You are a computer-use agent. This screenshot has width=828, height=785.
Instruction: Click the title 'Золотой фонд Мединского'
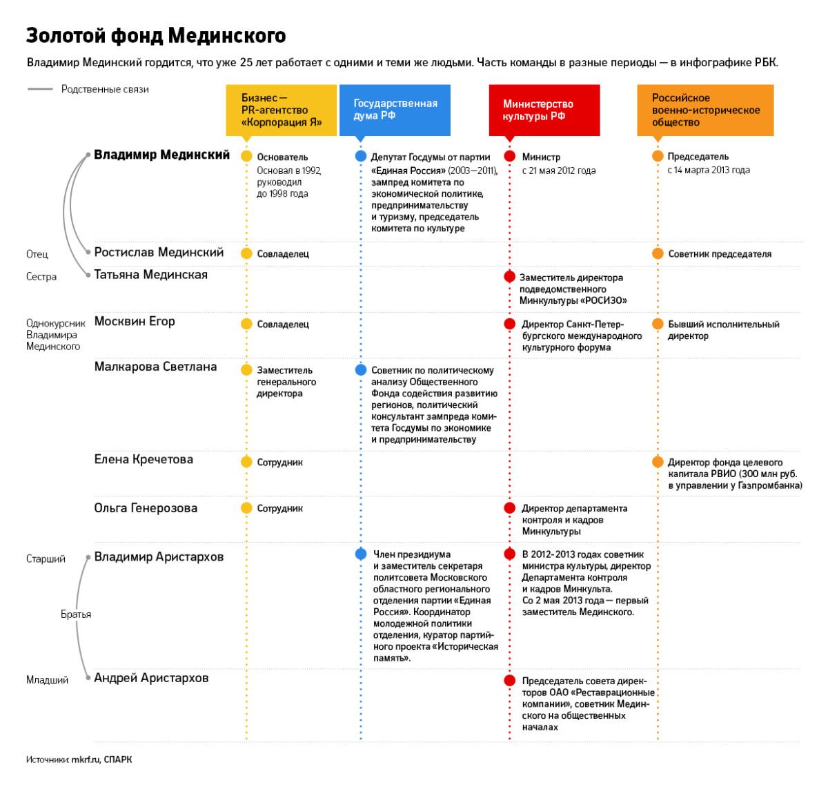tap(156, 35)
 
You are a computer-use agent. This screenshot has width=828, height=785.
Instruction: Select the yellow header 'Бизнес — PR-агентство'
tap(282, 110)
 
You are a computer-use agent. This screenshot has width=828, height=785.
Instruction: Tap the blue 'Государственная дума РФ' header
tap(395, 110)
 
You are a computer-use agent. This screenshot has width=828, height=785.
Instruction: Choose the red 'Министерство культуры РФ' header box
tap(544, 110)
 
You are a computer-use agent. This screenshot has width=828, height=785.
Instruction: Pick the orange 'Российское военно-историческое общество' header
tap(705, 110)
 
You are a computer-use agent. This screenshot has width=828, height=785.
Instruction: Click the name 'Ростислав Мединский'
tap(159, 253)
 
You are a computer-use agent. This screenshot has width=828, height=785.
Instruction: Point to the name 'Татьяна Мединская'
tap(150, 275)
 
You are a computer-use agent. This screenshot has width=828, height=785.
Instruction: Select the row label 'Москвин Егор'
tap(135, 322)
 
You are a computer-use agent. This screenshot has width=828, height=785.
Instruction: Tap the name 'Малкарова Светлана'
tap(155, 367)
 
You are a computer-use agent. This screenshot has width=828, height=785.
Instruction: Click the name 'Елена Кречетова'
tap(144, 460)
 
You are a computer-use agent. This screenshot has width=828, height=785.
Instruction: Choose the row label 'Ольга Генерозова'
tap(146, 508)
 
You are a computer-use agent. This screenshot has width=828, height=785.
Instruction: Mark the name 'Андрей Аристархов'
tap(151, 678)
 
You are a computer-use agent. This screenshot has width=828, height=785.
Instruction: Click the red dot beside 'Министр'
tap(510, 156)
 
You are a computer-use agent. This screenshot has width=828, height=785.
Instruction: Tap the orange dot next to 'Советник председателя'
tap(658, 253)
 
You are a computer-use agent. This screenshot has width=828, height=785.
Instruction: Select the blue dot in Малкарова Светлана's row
tap(360, 370)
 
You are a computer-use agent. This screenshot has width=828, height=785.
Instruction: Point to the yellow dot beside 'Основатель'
tap(246, 156)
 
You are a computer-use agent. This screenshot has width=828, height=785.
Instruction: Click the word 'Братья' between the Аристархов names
tap(76, 614)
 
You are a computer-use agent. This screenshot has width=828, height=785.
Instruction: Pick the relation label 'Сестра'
tap(41, 277)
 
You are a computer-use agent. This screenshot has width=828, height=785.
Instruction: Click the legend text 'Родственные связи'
tap(105, 89)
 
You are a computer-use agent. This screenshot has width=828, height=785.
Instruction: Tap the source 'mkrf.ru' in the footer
tap(86, 759)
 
